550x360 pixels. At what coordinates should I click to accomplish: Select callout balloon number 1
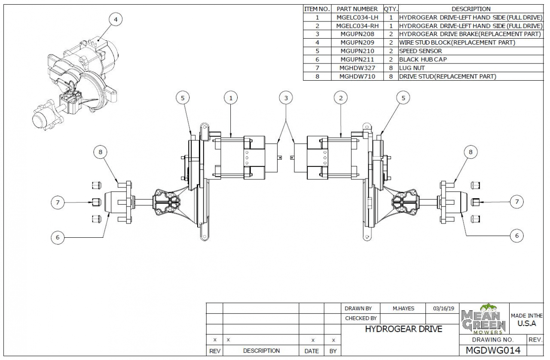coord(231,98)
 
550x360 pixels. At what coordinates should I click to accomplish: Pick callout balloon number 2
coord(341,98)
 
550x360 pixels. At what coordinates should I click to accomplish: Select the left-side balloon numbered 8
coord(100,151)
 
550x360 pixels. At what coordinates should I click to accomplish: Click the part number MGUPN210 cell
coord(357,51)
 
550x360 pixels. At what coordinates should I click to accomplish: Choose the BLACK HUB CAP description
coord(423,59)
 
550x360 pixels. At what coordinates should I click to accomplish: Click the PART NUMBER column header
coord(357,9)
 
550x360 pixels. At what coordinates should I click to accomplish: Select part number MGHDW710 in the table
coord(357,76)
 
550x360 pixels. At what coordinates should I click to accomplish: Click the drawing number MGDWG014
coord(493,350)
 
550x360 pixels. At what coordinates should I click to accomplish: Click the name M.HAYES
coord(403,308)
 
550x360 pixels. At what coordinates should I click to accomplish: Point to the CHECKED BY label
coord(361,318)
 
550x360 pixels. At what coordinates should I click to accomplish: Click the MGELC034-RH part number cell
coord(357,26)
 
